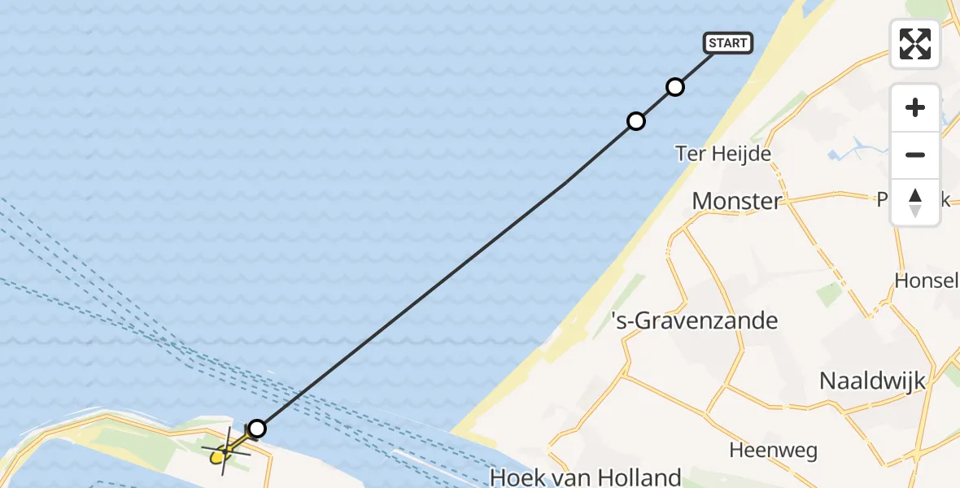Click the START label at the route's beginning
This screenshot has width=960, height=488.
pyautogui.click(x=728, y=42)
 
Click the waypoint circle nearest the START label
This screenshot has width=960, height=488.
pyautogui.click(x=674, y=87)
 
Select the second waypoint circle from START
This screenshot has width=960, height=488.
pyautogui.click(x=636, y=121)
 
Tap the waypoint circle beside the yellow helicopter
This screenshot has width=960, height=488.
pyautogui.click(x=257, y=428)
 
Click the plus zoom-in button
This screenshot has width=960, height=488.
pyautogui.click(x=915, y=107)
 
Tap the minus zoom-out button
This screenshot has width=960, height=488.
pyautogui.click(x=915, y=155)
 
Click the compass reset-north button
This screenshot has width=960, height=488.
pyautogui.click(x=915, y=202)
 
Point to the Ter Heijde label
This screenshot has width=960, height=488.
pyautogui.click(x=723, y=152)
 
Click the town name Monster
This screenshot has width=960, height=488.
pyautogui.click(x=736, y=200)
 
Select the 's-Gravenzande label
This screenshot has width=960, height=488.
pyautogui.click(x=695, y=320)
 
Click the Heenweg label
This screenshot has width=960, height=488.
pyautogui.click(x=773, y=449)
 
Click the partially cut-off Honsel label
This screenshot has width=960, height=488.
pyautogui.click(x=926, y=280)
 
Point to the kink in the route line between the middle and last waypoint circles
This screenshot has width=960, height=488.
pyautogui.click(x=563, y=185)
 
